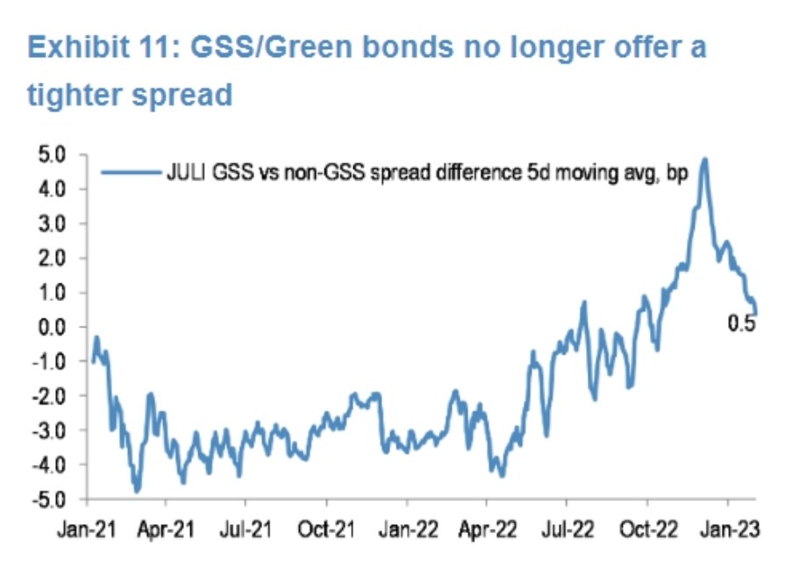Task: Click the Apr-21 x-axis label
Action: (166, 530)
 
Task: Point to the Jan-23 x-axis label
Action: (728, 530)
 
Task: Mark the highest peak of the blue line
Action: (705, 160)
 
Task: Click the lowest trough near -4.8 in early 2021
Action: (137, 490)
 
